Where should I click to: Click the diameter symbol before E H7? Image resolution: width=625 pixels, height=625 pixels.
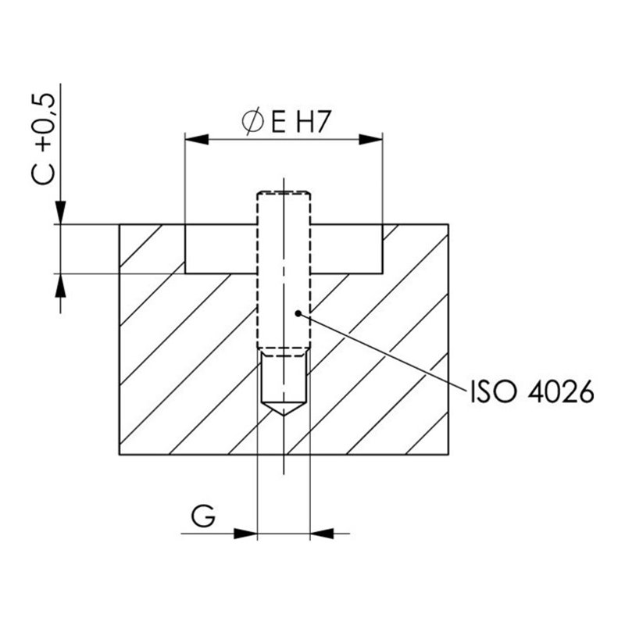[252, 121]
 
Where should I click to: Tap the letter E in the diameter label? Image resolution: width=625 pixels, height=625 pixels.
[278, 122]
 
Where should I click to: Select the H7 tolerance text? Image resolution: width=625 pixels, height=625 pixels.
[314, 122]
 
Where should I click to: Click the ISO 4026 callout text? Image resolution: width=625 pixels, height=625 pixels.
[532, 391]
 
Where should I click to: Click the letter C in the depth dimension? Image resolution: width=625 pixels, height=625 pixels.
[43, 173]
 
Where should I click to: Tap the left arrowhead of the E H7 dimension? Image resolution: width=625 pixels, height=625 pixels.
[197, 140]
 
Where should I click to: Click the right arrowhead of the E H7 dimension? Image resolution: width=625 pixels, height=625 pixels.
[370, 140]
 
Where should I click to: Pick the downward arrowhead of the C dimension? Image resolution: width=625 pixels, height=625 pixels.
[60, 212]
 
